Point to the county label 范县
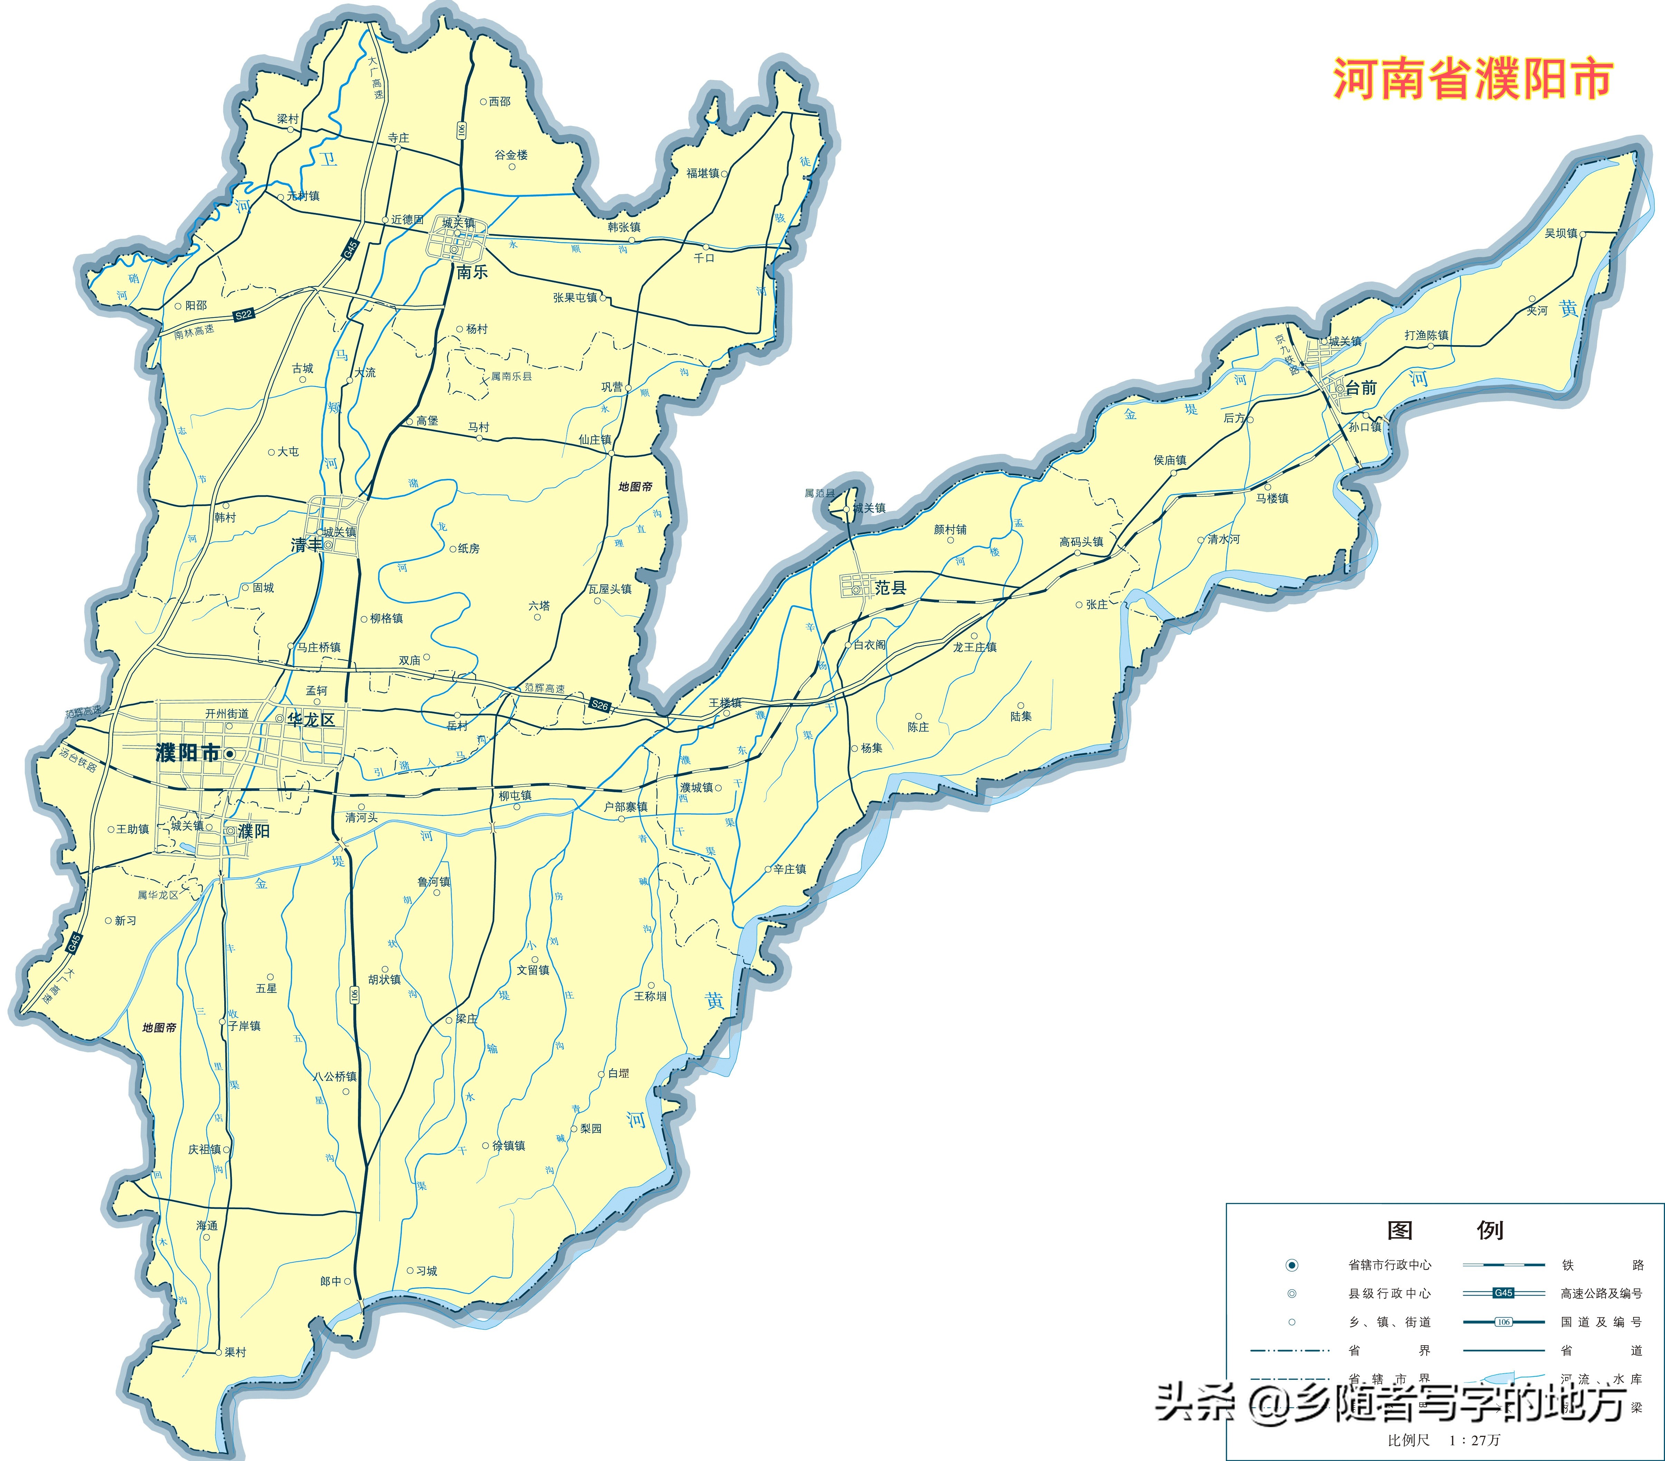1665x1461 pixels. pos(890,587)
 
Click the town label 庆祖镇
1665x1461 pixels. pos(205,1149)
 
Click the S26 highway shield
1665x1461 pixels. pos(599,705)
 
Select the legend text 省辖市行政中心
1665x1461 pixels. pos(1390,1265)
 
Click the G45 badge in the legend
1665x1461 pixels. pos(1503,1293)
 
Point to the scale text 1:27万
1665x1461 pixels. pos(1474,1440)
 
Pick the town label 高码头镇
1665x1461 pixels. pos(1081,542)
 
